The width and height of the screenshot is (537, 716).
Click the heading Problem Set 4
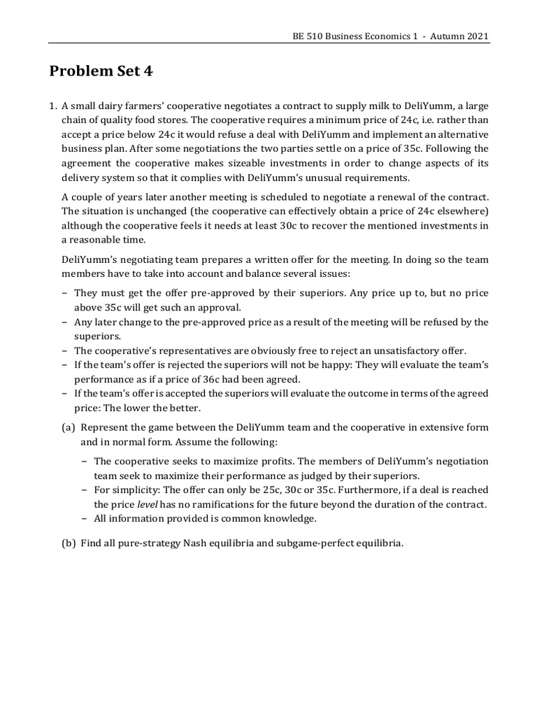tap(101, 71)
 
